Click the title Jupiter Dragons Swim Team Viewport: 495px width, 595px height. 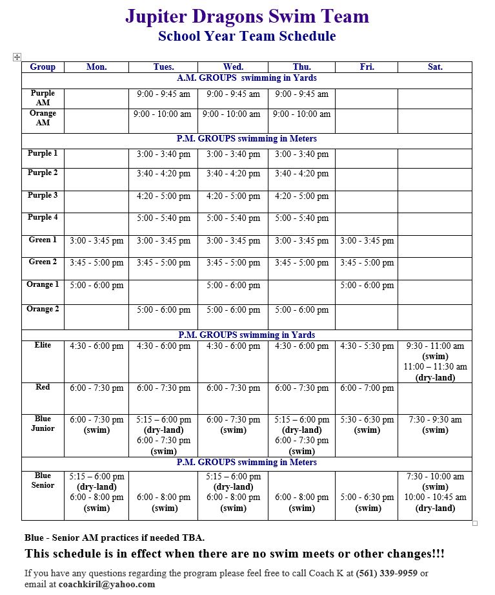click(x=247, y=16)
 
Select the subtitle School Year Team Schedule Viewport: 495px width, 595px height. click(x=247, y=36)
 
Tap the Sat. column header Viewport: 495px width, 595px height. click(x=435, y=67)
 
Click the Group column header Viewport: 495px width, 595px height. click(x=43, y=67)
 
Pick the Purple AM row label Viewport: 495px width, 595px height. click(x=43, y=98)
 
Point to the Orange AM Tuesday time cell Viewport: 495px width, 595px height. click(x=163, y=114)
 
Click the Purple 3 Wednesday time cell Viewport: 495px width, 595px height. click(x=233, y=196)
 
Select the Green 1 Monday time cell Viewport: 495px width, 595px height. click(x=96, y=241)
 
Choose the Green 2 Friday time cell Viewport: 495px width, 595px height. click(x=367, y=263)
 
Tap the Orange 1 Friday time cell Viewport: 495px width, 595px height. click(x=367, y=285)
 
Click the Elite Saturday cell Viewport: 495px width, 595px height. click(x=435, y=362)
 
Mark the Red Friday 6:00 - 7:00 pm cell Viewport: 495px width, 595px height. click(x=367, y=388)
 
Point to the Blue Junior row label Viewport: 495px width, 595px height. click(x=43, y=423)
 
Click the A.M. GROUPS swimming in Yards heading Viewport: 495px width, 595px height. click(x=247, y=78)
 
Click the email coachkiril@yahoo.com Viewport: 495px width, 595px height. click(x=106, y=584)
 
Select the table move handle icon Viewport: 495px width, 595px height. click(x=17, y=57)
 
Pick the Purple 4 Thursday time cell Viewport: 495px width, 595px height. click(x=301, y=218)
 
